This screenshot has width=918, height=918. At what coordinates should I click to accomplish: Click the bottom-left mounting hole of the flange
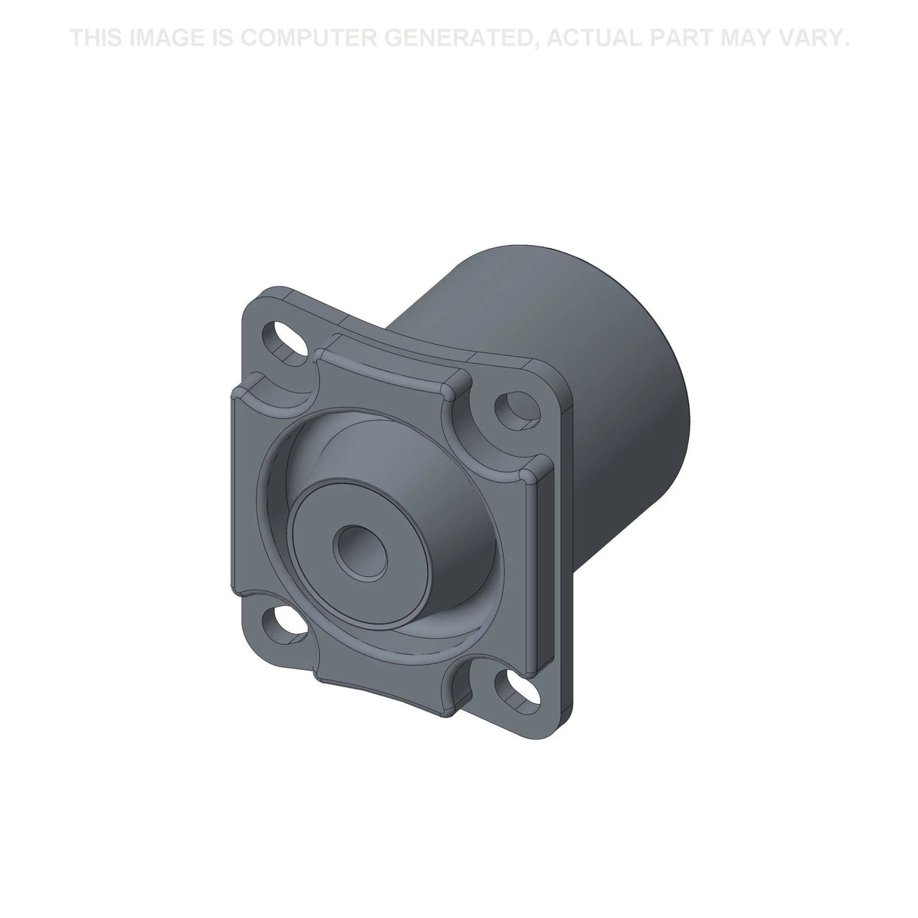click(281, 625)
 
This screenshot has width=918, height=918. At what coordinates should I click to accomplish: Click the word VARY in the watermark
click(817, 37)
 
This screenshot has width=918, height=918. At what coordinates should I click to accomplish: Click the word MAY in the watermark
click(754, 37)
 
